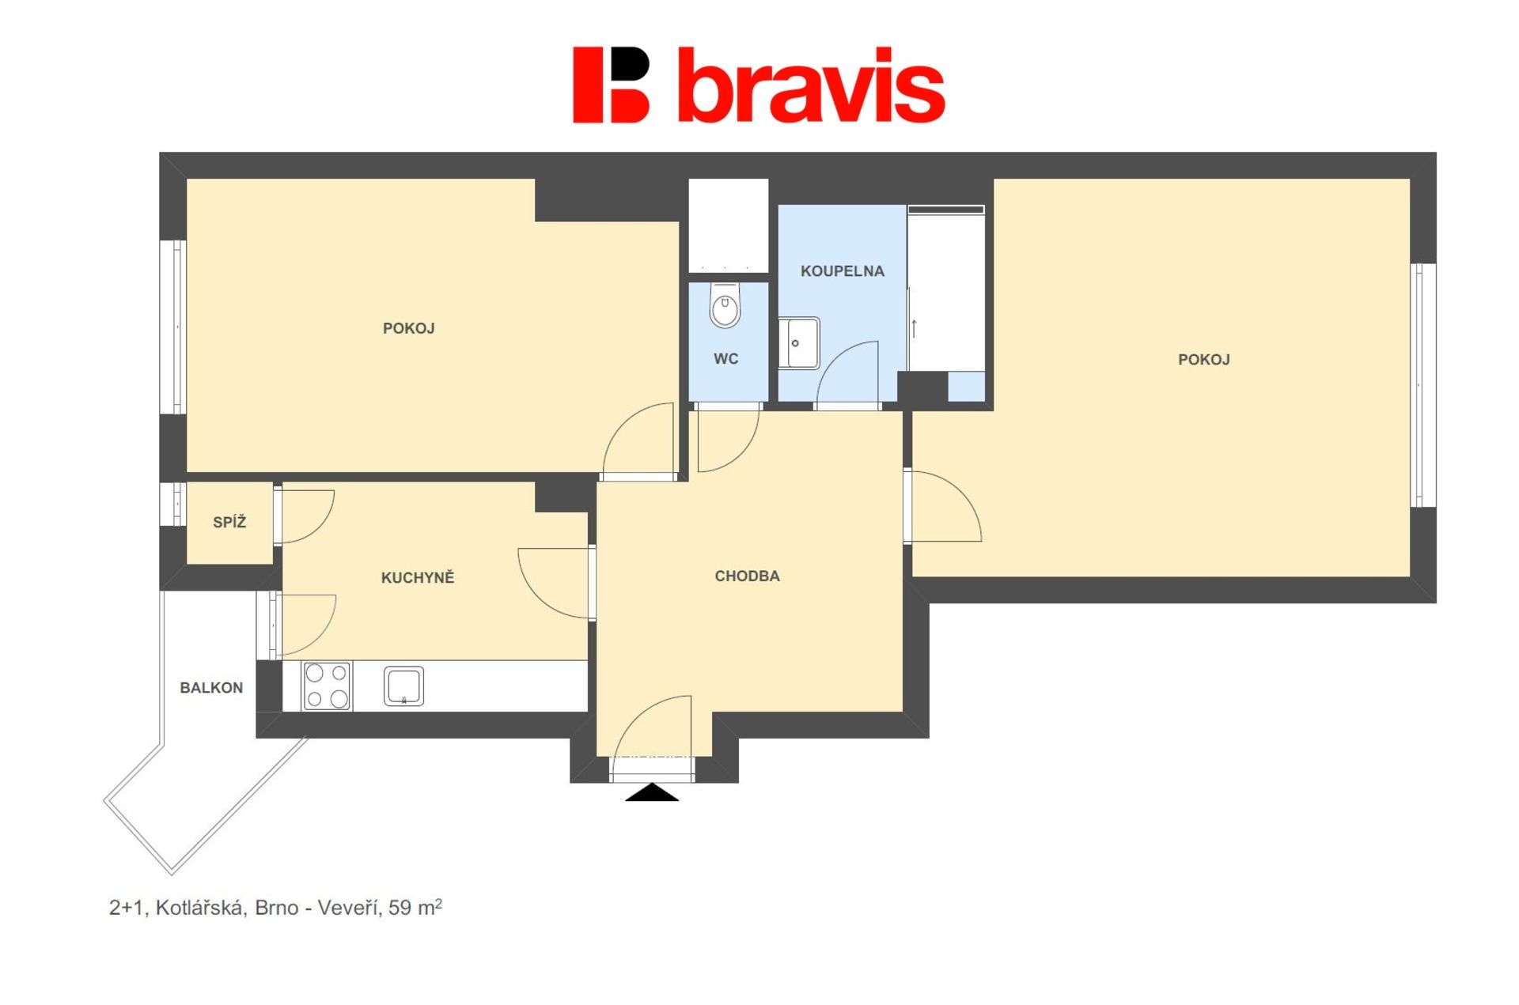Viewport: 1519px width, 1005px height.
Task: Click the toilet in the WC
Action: tap(725, 305)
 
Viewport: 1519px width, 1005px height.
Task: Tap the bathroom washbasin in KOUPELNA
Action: tap(799, 343)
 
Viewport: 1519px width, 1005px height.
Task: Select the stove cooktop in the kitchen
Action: tap(328, 686)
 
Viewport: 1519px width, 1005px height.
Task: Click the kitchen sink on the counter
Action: tap(403, 686)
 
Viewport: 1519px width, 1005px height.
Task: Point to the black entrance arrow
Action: tap(652, 792)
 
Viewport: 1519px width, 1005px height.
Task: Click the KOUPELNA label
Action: tap(842, 271)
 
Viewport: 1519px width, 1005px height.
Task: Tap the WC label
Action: tap(725, 359)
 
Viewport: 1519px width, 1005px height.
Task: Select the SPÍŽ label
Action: tap(229, 522)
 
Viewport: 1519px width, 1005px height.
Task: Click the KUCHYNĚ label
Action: tap(418, 577)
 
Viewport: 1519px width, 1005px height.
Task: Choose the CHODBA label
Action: tap(747, 576)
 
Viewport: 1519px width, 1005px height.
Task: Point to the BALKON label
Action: tap(211, 688)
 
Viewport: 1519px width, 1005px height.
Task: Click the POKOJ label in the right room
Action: tap(1203, 360)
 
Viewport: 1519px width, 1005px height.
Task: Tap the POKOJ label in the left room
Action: tap(408, 328)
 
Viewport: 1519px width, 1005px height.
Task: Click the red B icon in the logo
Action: tap(611, 85)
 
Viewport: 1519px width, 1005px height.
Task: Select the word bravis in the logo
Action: tap(812, 85)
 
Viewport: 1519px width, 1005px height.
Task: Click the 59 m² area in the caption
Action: tap(415, 907)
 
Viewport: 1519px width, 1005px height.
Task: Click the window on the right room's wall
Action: tap(1423, 385)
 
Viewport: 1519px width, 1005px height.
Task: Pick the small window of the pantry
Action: tap(173, 504)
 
